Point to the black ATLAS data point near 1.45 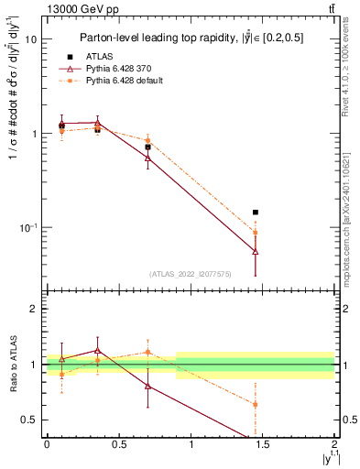[x=255, y=212]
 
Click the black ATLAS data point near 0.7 [x=147, y=147]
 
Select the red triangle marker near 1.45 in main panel [x=255, y=251]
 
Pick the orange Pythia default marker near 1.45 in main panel [x=255, y=233]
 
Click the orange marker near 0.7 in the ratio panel [x=147, y=352]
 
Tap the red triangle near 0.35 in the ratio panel [x=97, y=351]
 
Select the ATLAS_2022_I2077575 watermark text [x=191, y=273]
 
